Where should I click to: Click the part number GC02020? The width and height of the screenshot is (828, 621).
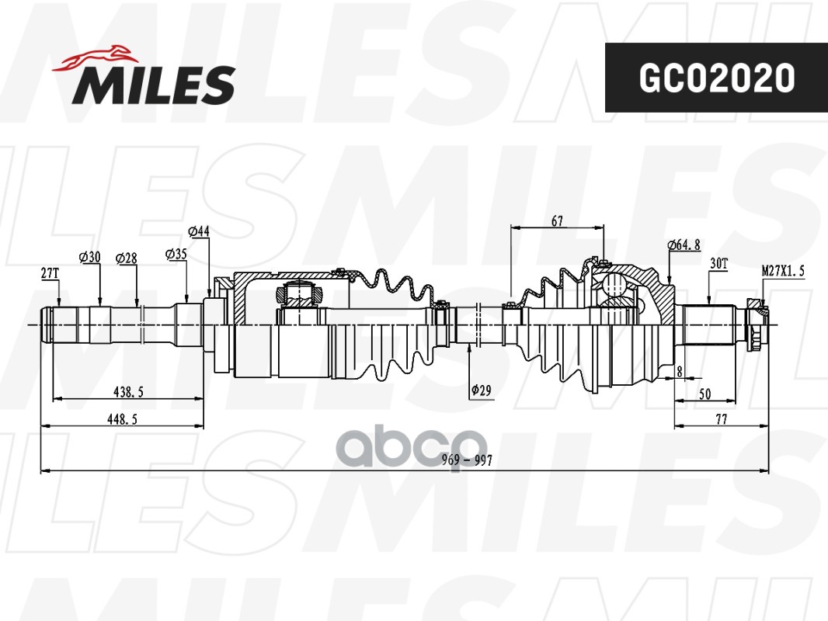tap(716, 78)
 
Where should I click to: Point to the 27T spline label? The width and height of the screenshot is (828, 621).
tap(50, 273)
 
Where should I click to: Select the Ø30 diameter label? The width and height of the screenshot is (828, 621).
tap(90, 257)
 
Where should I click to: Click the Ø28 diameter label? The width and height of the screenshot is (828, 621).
tap(126, 258)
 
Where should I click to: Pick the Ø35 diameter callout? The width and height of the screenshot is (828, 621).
tap(176, 253)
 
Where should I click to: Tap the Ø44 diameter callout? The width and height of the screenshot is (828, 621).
tap(200, 231)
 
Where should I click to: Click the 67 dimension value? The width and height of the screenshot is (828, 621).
tap(557, 221)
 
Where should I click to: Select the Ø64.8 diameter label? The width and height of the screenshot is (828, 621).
tap(684, 245)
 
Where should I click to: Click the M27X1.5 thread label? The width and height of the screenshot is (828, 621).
tap(783, 269)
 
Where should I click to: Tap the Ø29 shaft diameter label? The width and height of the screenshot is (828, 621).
tap(481, 390)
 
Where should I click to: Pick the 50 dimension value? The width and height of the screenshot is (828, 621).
tap(704, 394)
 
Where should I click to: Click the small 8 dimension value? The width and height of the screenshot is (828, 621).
tap(679, 372)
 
